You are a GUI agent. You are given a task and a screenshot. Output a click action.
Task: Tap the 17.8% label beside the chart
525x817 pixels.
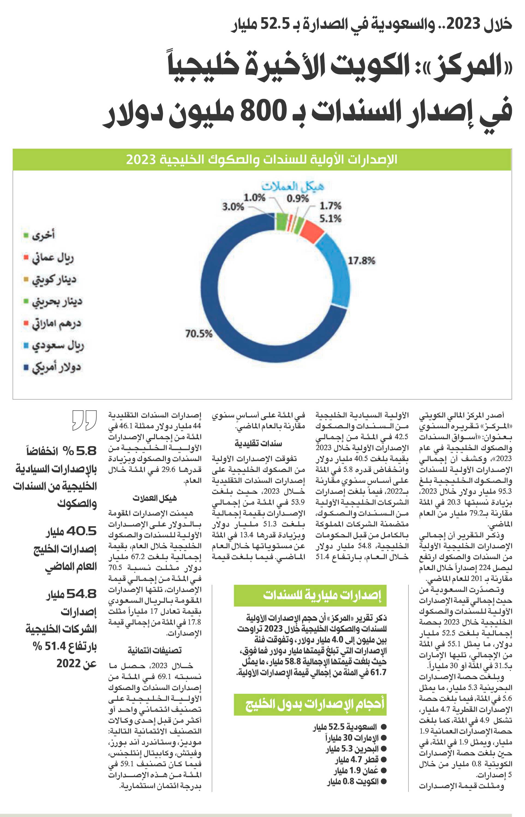(x=361, y=261)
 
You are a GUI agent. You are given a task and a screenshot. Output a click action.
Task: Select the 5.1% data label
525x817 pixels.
(x=330, y=218)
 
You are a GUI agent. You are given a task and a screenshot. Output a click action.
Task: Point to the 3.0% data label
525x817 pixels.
(x=233, y=207)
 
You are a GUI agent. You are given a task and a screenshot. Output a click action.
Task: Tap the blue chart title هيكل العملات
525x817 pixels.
(x=293, y=187)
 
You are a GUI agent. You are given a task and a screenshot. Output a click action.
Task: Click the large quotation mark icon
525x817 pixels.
(x=84, y=420)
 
